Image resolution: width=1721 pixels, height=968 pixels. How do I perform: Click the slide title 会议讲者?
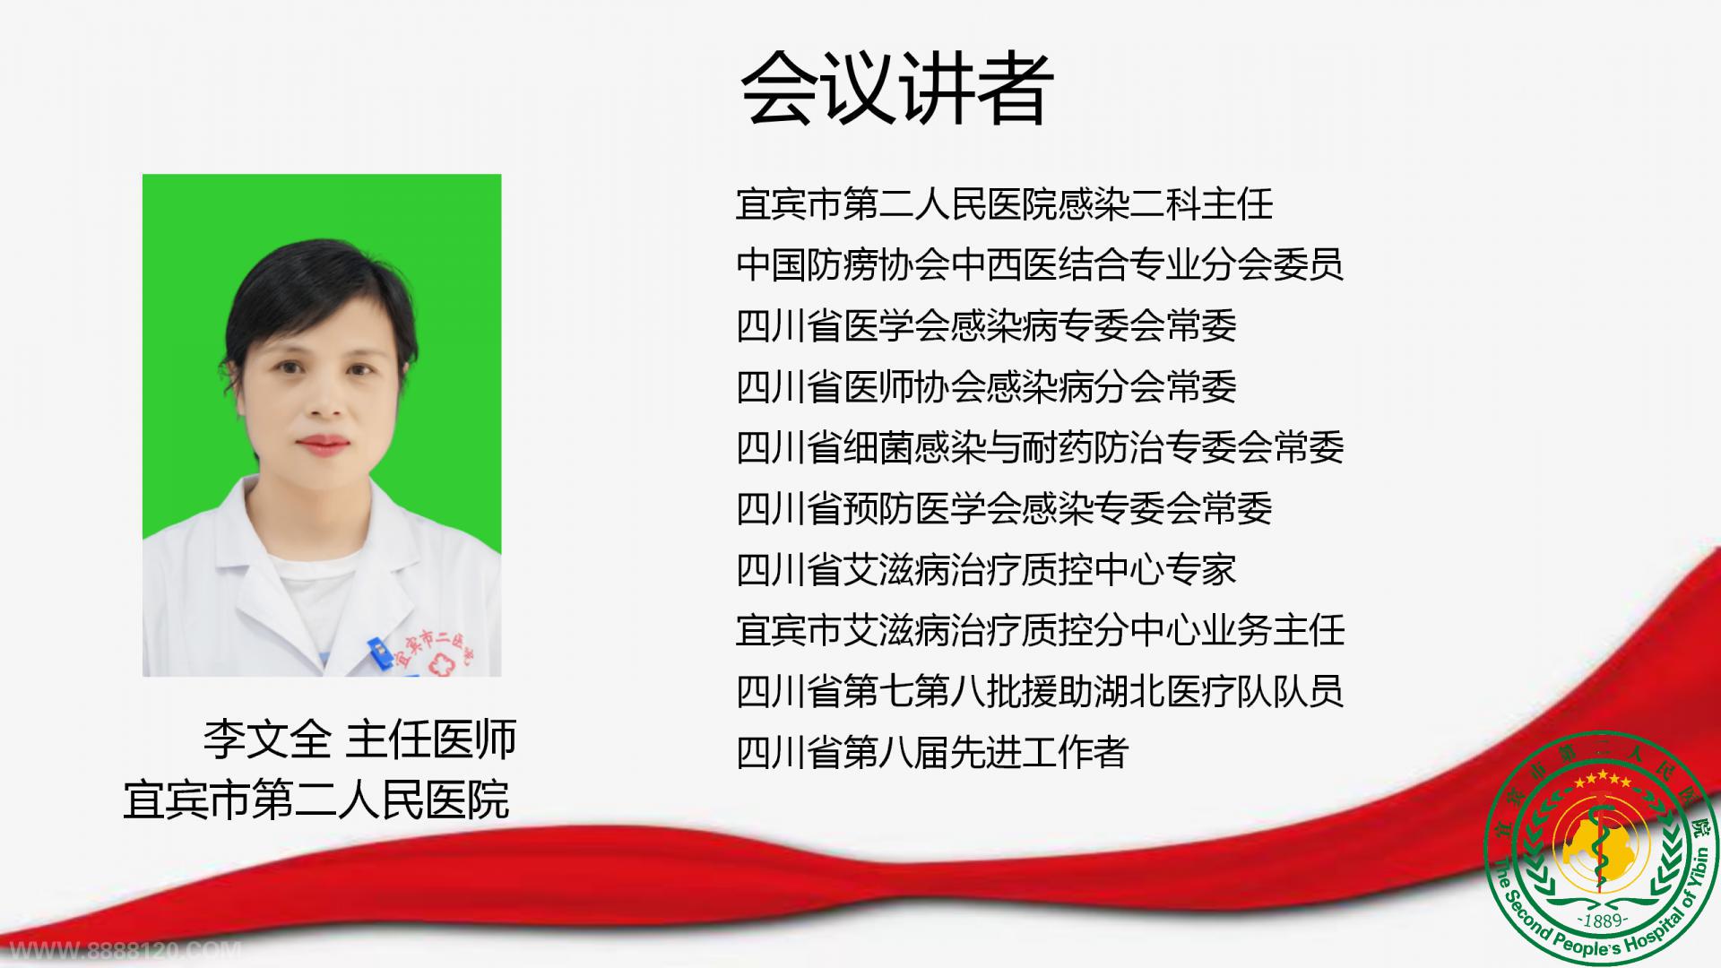point(897,88)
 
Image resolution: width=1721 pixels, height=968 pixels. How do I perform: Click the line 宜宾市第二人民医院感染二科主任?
point(1004,204)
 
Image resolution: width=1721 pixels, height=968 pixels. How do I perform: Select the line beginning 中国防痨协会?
point(1040,265)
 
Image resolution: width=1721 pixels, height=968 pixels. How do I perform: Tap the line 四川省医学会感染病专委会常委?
point(986,326)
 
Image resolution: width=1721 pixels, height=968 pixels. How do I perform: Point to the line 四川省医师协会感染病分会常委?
point(986,387)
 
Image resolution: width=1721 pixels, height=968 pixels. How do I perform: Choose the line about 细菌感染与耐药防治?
point(1040,448)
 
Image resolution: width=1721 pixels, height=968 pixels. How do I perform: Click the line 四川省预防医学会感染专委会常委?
point(1004,509)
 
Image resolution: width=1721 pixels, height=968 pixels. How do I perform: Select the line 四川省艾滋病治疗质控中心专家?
point(986,570)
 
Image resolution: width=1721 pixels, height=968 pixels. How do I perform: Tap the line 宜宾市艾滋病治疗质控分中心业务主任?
point(1040,631)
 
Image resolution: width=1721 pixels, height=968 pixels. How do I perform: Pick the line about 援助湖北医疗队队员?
point(1040,692)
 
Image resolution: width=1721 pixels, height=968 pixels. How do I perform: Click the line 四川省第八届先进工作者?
point(932,753)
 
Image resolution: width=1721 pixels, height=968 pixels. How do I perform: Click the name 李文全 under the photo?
point(267,739)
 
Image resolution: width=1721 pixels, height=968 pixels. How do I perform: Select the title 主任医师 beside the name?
point(431,739)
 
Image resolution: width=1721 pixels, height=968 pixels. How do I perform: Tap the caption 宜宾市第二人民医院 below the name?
point(316,799)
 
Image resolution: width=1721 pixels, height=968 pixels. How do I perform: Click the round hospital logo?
point(1604,850)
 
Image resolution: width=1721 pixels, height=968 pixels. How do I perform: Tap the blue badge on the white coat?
point(379,650)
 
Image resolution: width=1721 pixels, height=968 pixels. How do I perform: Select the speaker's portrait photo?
point(322,425)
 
